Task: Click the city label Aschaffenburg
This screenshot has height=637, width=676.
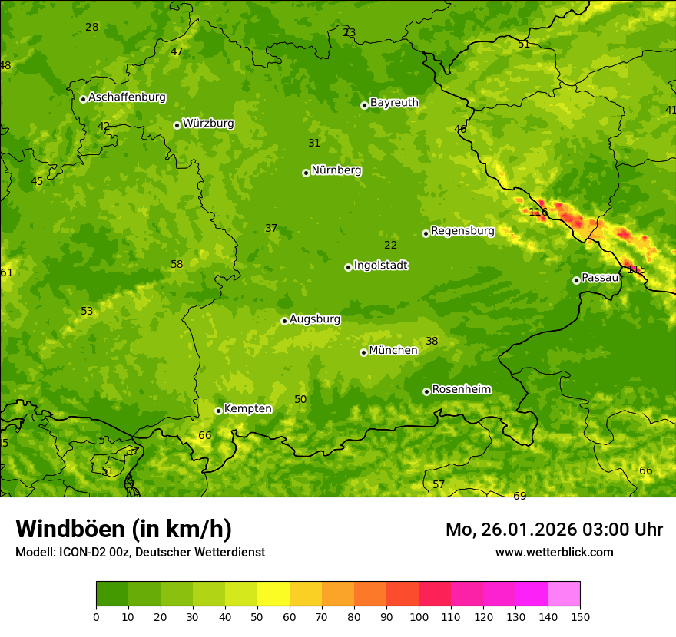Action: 127,97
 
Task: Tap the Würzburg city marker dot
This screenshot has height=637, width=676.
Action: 177,125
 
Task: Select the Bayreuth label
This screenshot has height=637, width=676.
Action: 394,103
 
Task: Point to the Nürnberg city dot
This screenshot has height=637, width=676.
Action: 306,173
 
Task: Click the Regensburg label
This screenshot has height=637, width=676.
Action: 462,231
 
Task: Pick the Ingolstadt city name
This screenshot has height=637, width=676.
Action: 380,266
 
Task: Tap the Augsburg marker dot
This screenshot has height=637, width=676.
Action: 284,321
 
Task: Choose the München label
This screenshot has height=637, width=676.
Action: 393,351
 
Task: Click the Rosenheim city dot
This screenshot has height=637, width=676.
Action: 426,391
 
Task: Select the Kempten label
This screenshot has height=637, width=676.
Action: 247,409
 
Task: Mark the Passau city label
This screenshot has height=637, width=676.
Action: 599,278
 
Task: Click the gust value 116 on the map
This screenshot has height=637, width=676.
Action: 538,212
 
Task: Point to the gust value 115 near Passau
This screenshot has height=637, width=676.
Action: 636,269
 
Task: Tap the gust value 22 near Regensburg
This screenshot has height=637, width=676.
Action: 390,245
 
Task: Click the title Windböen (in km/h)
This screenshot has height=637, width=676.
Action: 124,529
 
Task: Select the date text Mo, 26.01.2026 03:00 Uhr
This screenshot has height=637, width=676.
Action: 554,530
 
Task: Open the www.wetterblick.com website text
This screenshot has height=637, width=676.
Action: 554,553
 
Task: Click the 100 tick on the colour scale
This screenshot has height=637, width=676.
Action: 419,616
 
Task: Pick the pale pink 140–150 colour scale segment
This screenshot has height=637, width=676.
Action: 564,593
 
